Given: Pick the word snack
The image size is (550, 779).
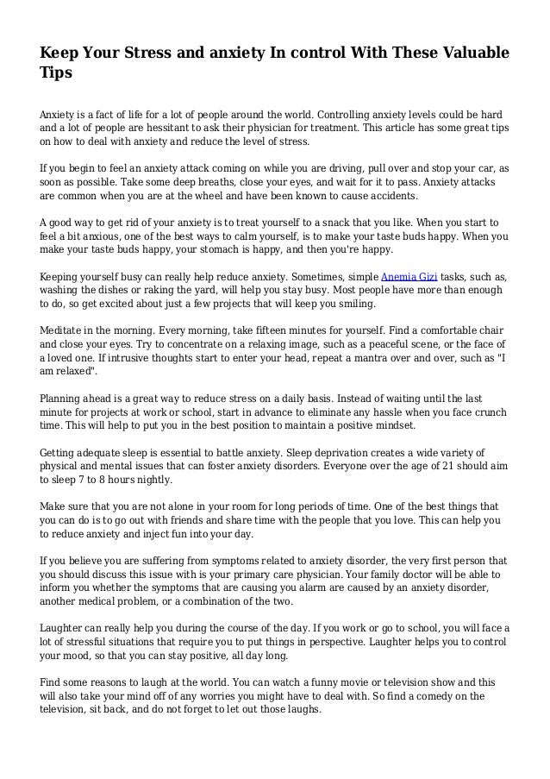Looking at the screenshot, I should click(327, 222).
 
